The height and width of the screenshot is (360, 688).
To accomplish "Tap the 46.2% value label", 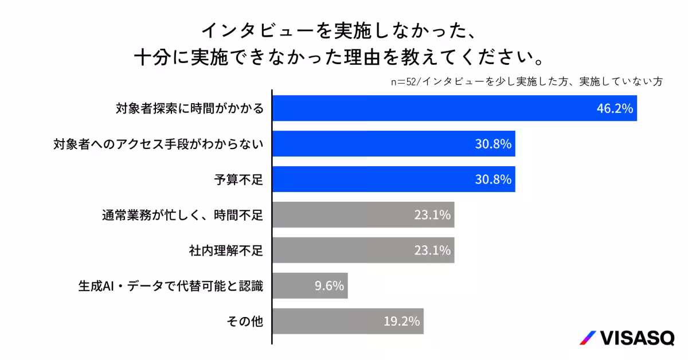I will click(x=615, y=109).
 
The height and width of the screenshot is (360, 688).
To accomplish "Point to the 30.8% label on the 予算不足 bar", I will click(x=492, y=179).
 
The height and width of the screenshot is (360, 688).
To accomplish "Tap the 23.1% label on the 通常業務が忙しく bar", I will click(x=432, y=215).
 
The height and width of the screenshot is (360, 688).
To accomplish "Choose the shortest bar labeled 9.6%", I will click(x=310, y=285).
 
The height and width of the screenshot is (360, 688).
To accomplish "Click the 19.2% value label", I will click(x=402, y=321).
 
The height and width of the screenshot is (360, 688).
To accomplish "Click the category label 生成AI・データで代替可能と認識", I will click(x=170, y=285).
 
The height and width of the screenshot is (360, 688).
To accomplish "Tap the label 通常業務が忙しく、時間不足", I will click(x=182, y=215).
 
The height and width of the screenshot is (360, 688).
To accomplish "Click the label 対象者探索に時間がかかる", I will click(x=190, y=108).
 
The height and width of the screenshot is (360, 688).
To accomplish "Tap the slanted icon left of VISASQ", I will click(x=587, y=338).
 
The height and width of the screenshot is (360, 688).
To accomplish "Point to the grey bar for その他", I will click(x=347, y=321).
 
